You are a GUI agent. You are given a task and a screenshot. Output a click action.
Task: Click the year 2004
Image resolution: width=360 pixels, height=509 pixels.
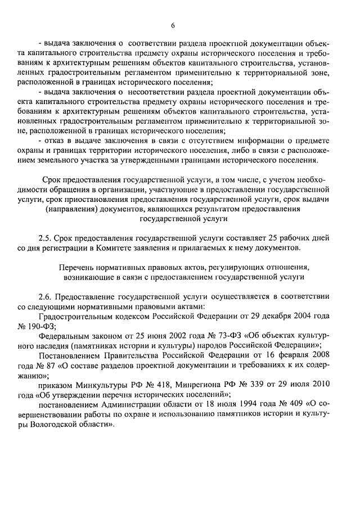(303, 316)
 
